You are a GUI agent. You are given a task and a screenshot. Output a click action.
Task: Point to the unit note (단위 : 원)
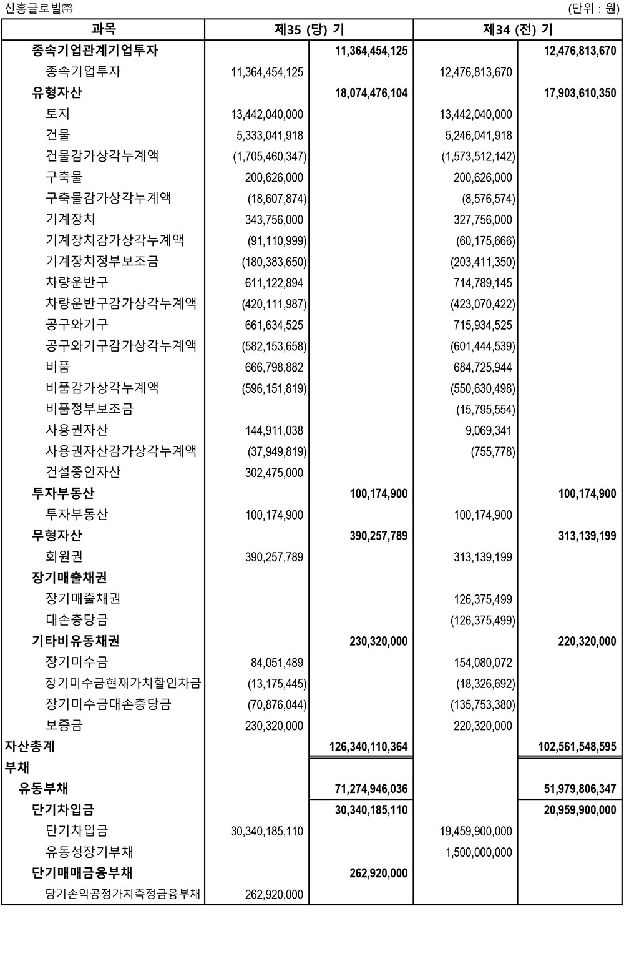pos(593,9)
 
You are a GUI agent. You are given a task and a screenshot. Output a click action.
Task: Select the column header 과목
pos(103,29)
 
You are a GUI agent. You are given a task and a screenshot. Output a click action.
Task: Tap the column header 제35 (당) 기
pos(309,29)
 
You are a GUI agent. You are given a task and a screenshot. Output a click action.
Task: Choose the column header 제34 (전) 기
pos(517,29)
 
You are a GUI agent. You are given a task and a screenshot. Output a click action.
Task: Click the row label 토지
pos(58,114)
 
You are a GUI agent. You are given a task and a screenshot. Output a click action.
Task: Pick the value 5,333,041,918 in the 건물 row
pos(274,135)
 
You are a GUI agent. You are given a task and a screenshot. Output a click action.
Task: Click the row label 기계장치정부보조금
pos(102,261)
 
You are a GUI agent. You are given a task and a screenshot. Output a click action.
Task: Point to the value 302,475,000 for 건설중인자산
pos(274,473)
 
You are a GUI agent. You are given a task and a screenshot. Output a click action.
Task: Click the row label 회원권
pos(64,556)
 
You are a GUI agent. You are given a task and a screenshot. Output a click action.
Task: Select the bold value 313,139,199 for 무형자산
pos(587,536)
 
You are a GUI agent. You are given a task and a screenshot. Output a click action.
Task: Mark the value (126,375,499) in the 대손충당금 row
pos(482,620)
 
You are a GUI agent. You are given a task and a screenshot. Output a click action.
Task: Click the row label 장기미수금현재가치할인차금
pos(123,683)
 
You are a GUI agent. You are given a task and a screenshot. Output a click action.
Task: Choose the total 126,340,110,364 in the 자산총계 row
pos(368,747)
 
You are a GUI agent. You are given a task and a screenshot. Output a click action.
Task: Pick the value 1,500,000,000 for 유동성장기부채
pos(479,852)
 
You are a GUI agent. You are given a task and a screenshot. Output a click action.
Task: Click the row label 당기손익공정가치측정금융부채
pos(123,894)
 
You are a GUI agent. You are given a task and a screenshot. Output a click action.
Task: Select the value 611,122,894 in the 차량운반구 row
pos(274,283)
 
